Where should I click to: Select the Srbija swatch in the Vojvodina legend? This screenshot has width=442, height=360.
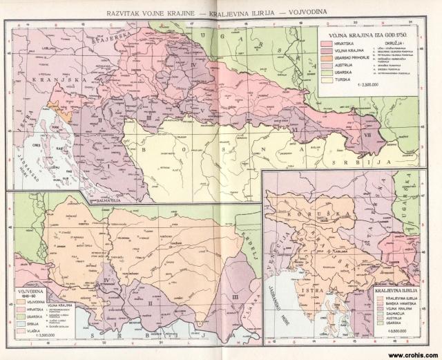pos(19,324)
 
